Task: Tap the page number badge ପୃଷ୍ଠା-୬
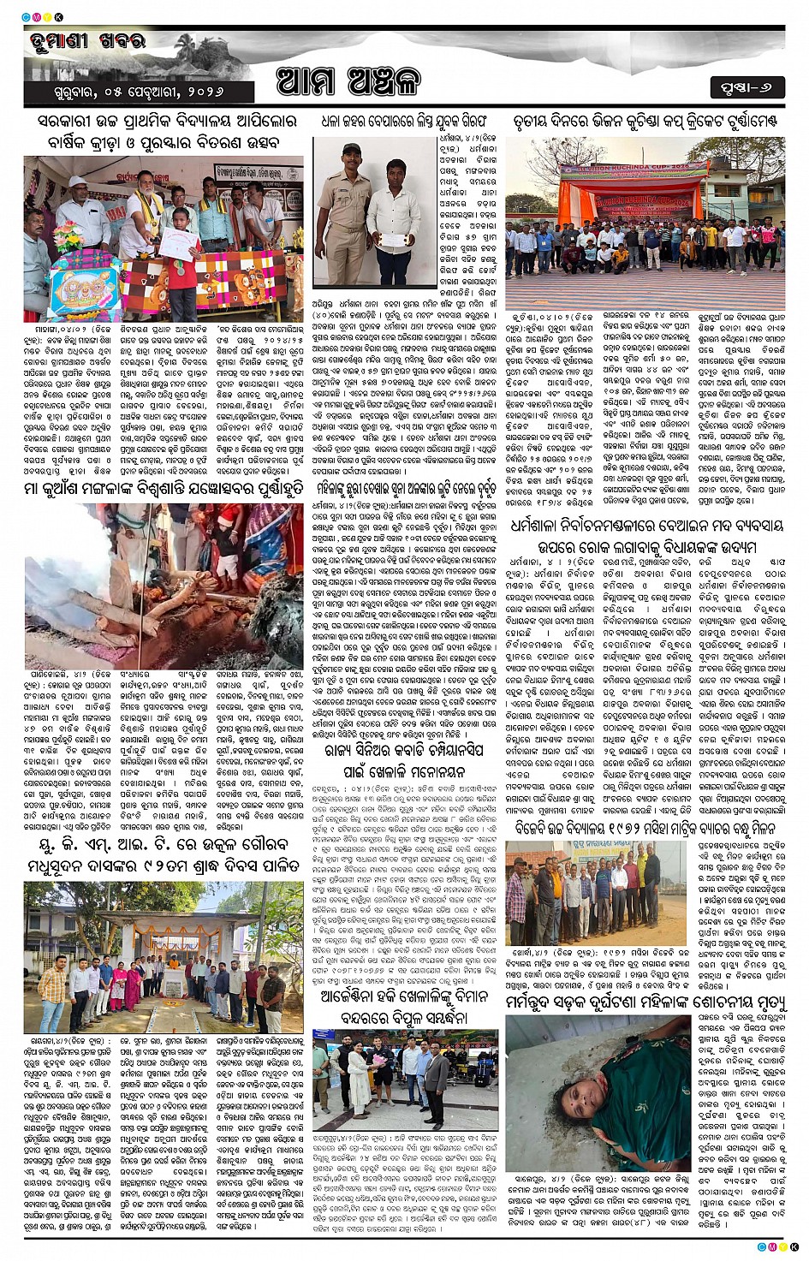coord(747,87)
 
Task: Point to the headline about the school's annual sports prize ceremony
coord(164,133)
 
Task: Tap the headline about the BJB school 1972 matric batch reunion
coord(646,829)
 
